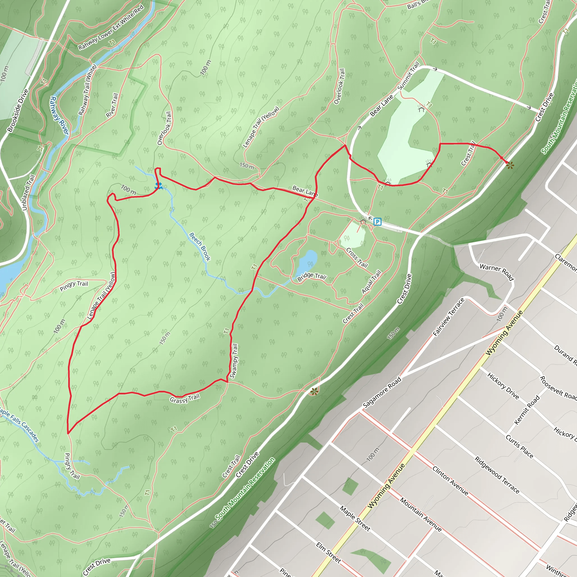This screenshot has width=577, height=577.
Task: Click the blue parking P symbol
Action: (x=378, y=222)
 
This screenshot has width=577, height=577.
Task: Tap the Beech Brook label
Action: (x=200, y=247)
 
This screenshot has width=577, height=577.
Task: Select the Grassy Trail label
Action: (x=185, y=399)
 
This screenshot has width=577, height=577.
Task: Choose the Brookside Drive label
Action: (x=18, y=111)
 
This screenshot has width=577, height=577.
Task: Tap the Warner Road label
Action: (x=496, y=272)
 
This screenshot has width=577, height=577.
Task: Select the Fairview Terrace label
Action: (x=449, y=317)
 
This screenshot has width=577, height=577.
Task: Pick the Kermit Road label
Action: (x=527, y=410)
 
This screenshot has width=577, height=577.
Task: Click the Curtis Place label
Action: (x=519, y=447)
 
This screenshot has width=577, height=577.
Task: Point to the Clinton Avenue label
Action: (x=450, y=481)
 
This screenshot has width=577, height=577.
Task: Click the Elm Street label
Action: (x=329, y=553)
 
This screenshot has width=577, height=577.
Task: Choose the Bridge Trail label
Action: (x=312, y=277)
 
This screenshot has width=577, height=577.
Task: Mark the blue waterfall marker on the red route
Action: (x=159, y=186)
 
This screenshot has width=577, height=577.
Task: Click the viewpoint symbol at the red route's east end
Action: (x=510, y=165)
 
